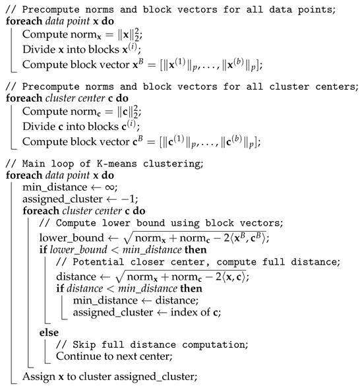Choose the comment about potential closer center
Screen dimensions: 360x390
[x=198, y=261]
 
